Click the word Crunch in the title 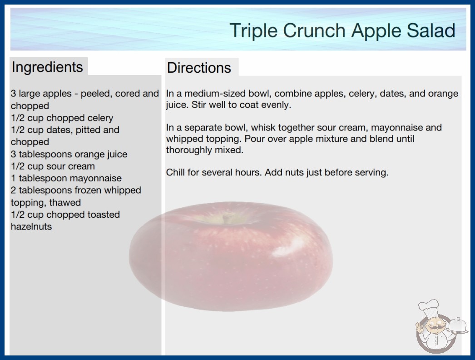pyautogui.click(x=314, y=30)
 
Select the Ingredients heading pyautogui.click(x=47, y=67)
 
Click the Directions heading pyautogui.click(x=199, y=68)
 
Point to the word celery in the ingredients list pyautogui.click(x=99, y=118)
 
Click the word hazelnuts pyautogui.click(x=31, y=226)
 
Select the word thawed pyautogui.click(x=65, y=203)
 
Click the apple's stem pyautogui.click(x=226, y=218)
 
